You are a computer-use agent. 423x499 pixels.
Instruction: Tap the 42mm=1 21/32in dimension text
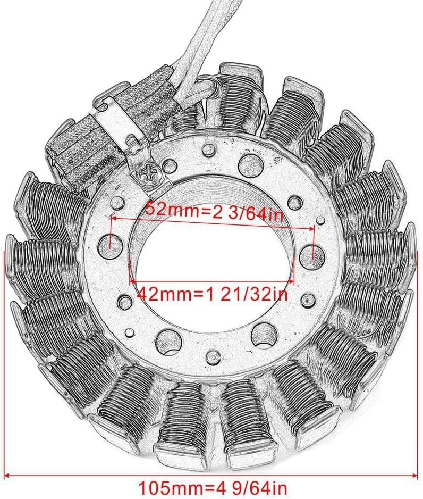point(213,293)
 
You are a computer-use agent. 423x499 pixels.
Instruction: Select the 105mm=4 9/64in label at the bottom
point(213,486)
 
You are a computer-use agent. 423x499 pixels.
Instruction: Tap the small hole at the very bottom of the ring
point(213,355)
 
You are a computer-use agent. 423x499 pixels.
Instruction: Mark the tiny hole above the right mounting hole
point(319,219)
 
